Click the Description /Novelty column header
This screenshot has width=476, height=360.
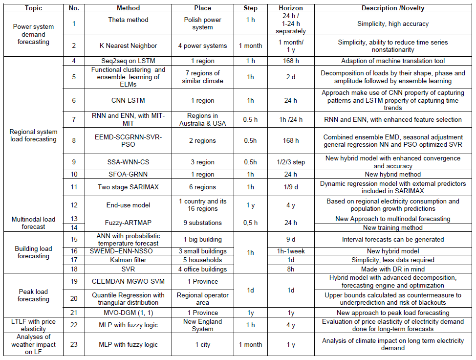pyautogui.click(x=392, y=8)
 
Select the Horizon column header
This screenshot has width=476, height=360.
pyautogui.click(x=290, y=8)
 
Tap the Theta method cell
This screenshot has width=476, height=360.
pyautogui.click(x=129, y=20)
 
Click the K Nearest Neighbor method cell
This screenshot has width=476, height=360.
pyautogui.click(x=129, y=46)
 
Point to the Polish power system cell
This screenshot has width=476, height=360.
pyautogui.click(x=202, y=23)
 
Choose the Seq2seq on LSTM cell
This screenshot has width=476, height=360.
pyautogui.click(x=129, y=61)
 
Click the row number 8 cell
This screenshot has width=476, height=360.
pyautogui.click(x=74, y=140)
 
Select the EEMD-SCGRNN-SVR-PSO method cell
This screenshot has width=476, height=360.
pyautogui.click(x=129, y=140)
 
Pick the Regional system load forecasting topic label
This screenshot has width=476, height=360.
pyautogui.click(x=33, y=135)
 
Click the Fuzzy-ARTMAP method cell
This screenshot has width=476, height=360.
pyautogui.click(x=129, y=223)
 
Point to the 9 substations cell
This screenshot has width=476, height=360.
pyautogui.click(x=202, y=223)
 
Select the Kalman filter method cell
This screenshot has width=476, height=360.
pyautogui.click(x=129, y=260)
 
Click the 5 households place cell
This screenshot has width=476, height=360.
pyautogui.click(x=202, y=260)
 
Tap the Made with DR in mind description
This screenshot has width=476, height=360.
pyautogui.click(x=392, y=269)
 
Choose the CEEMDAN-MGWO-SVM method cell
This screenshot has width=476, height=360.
pyautogui.click(x=129, y=281)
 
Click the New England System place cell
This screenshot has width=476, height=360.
pyautogui.click(x=202, y=325)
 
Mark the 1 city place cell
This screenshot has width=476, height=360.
pyautogui.click(x=202, y=344)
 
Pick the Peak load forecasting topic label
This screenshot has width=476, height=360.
pyautogui.click(x=33, y=295)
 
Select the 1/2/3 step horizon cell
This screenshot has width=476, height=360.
pyautogui.click(x=290, y=161)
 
